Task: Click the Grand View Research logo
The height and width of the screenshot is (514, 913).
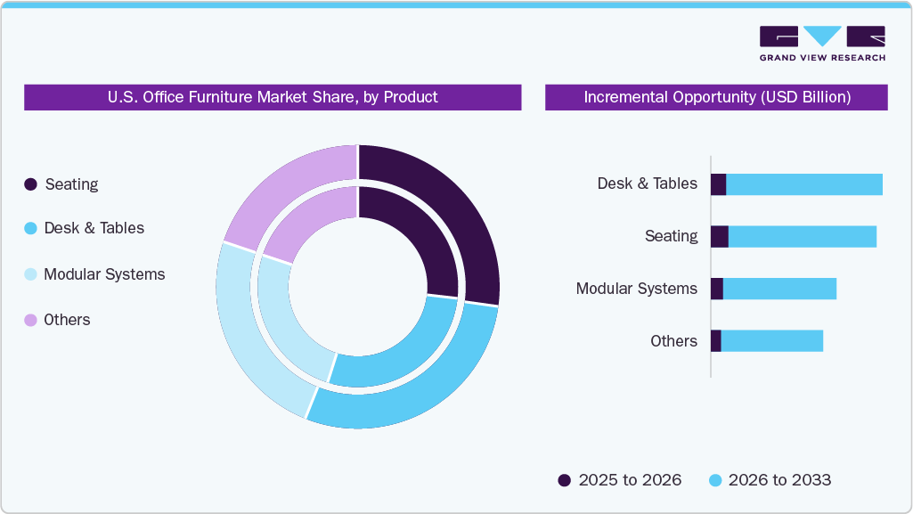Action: point(822,43)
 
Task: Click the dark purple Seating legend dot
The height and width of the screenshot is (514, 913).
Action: point(31,184)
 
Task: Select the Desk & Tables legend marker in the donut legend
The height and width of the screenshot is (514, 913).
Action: point(31,228)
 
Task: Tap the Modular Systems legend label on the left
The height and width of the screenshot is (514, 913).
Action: point(104,274)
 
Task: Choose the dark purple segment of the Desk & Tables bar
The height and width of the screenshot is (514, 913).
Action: point(718,184)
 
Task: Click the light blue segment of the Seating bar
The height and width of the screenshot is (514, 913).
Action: point(802,237)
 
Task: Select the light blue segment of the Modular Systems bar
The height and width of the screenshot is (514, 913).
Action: point(779,289)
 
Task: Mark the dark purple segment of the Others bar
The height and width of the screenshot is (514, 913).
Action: point(715,341)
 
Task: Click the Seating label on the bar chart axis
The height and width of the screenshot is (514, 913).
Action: point(672,236)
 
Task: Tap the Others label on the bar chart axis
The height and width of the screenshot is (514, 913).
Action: point(673,341)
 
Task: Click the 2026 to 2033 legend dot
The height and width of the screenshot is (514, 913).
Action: point(714,480)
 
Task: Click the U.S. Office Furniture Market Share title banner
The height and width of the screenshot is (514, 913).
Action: point(273,97)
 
